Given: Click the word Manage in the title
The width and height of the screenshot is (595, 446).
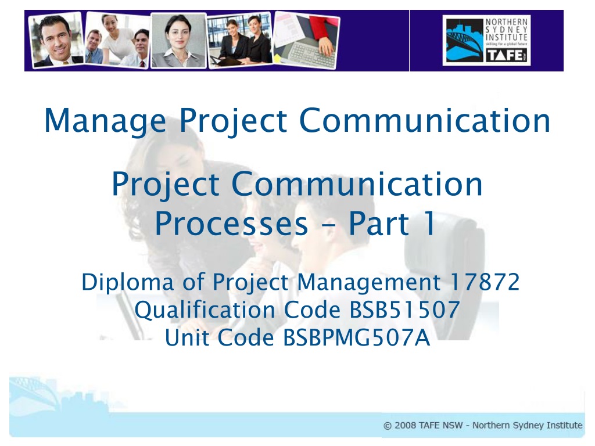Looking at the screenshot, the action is pos(105,121).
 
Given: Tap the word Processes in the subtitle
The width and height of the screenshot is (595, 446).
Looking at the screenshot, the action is pos(231,224).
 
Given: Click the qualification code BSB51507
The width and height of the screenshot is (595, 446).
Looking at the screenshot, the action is pos(404,310).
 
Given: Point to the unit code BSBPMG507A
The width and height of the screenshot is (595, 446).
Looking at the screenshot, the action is pos(357,337).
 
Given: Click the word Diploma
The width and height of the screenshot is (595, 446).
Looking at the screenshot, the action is pos(128,283).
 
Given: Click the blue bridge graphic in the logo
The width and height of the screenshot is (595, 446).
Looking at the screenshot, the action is pos(465,41).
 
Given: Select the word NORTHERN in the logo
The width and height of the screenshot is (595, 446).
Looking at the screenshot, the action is pos(507,22).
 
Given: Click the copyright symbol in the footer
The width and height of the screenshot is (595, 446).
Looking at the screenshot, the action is pos(388,426).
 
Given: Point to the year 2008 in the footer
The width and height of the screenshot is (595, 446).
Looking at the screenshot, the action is pos(405,426).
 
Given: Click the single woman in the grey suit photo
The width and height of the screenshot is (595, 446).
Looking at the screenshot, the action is pos(178,41).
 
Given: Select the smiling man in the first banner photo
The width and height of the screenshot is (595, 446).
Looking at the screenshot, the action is pos(57,40).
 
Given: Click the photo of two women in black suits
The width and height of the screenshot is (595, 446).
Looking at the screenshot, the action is pos(240,40).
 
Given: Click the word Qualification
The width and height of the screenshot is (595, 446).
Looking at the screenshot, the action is pos(205,310).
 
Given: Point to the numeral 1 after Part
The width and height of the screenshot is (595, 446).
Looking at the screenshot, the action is pos(429,223).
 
